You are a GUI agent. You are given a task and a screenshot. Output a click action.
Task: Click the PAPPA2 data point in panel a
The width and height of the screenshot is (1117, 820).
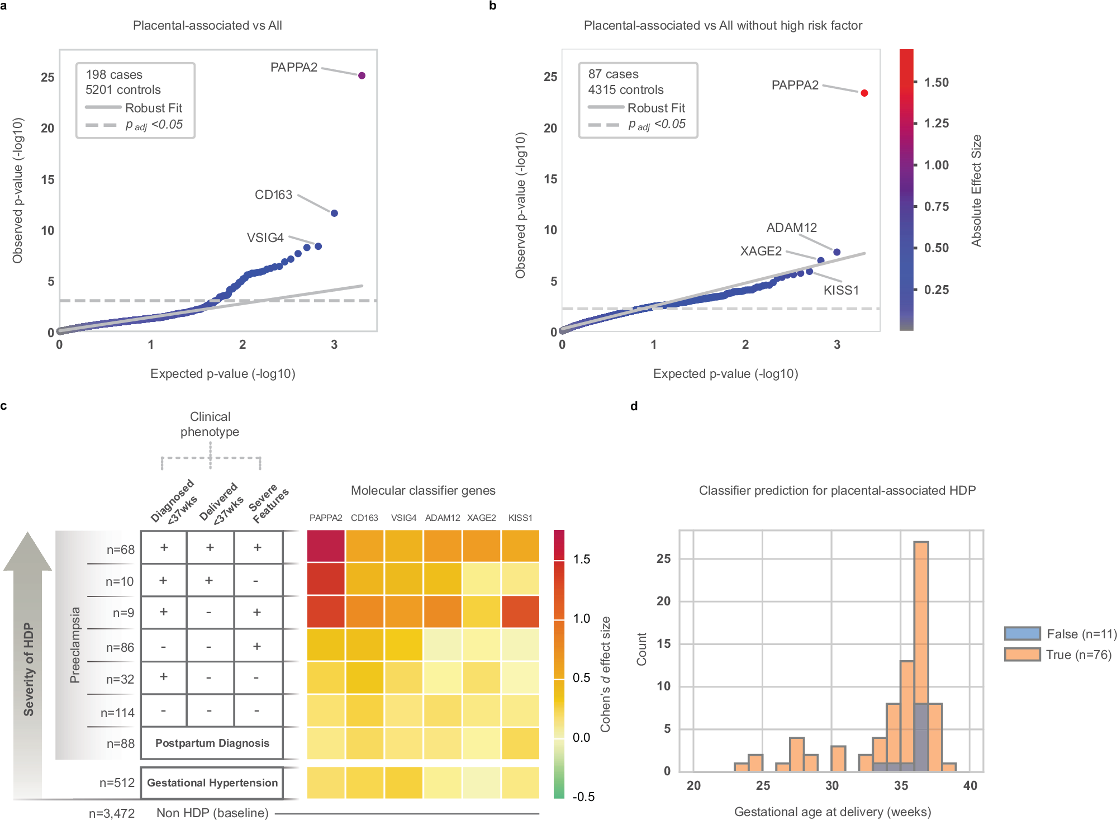362,75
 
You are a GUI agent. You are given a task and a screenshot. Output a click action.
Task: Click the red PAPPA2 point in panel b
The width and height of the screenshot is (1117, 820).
864,93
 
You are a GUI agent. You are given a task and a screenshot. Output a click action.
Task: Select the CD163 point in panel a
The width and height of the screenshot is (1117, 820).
334,213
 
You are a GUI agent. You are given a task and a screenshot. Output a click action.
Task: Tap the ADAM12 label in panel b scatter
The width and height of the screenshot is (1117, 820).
791,227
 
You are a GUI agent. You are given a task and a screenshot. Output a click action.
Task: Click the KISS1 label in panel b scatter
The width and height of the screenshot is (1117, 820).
841,290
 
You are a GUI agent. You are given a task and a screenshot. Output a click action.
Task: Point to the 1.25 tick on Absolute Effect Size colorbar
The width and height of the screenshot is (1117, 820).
936,124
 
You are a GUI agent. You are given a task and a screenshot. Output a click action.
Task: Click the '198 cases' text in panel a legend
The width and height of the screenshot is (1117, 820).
114,74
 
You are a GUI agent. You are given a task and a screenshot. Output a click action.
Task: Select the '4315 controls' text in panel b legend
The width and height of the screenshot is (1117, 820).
625,89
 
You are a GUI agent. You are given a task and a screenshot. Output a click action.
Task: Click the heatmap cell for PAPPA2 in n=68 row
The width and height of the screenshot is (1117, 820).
326,546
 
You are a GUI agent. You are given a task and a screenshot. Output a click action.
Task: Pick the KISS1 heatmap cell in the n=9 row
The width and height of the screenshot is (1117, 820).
520,612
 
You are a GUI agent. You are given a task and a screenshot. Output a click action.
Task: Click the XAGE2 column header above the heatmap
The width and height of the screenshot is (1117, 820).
481,518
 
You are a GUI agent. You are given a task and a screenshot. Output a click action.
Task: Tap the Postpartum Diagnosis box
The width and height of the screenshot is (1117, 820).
212,743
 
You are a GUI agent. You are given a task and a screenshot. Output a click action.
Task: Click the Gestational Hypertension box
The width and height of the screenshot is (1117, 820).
212,783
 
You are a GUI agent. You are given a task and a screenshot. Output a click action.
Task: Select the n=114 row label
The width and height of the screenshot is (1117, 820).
117,713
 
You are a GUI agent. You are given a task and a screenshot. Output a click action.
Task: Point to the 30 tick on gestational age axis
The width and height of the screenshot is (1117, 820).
831,785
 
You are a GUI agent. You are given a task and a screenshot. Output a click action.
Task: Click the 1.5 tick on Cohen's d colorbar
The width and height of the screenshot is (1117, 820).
581,560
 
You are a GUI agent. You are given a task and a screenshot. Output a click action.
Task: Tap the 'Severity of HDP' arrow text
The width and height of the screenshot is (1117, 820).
28,669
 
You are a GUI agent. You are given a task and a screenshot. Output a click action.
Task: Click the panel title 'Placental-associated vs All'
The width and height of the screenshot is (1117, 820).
207,25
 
